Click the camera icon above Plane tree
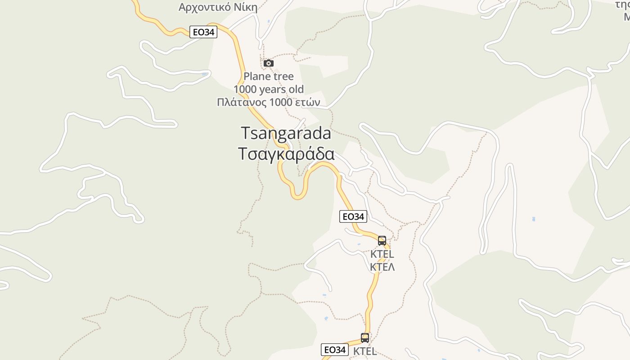click(x=269, y=63)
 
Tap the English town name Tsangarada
click(x=286, y=133)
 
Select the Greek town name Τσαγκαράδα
click(x=286, y=154)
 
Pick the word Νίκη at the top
click(x=246, y=7)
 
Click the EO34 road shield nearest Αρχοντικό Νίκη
click(x=203, y=32)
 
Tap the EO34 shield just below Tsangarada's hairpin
click(x=353, y=216)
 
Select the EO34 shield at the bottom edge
click(x=335, y=350)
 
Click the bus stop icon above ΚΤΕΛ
click(x=382, y=241)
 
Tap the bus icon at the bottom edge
click(x=365, y=337)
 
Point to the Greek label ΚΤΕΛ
click(x=382, y=267)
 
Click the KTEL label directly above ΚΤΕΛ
click(x=382, y=254)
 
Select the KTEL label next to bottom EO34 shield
click(x=365, y=351)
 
